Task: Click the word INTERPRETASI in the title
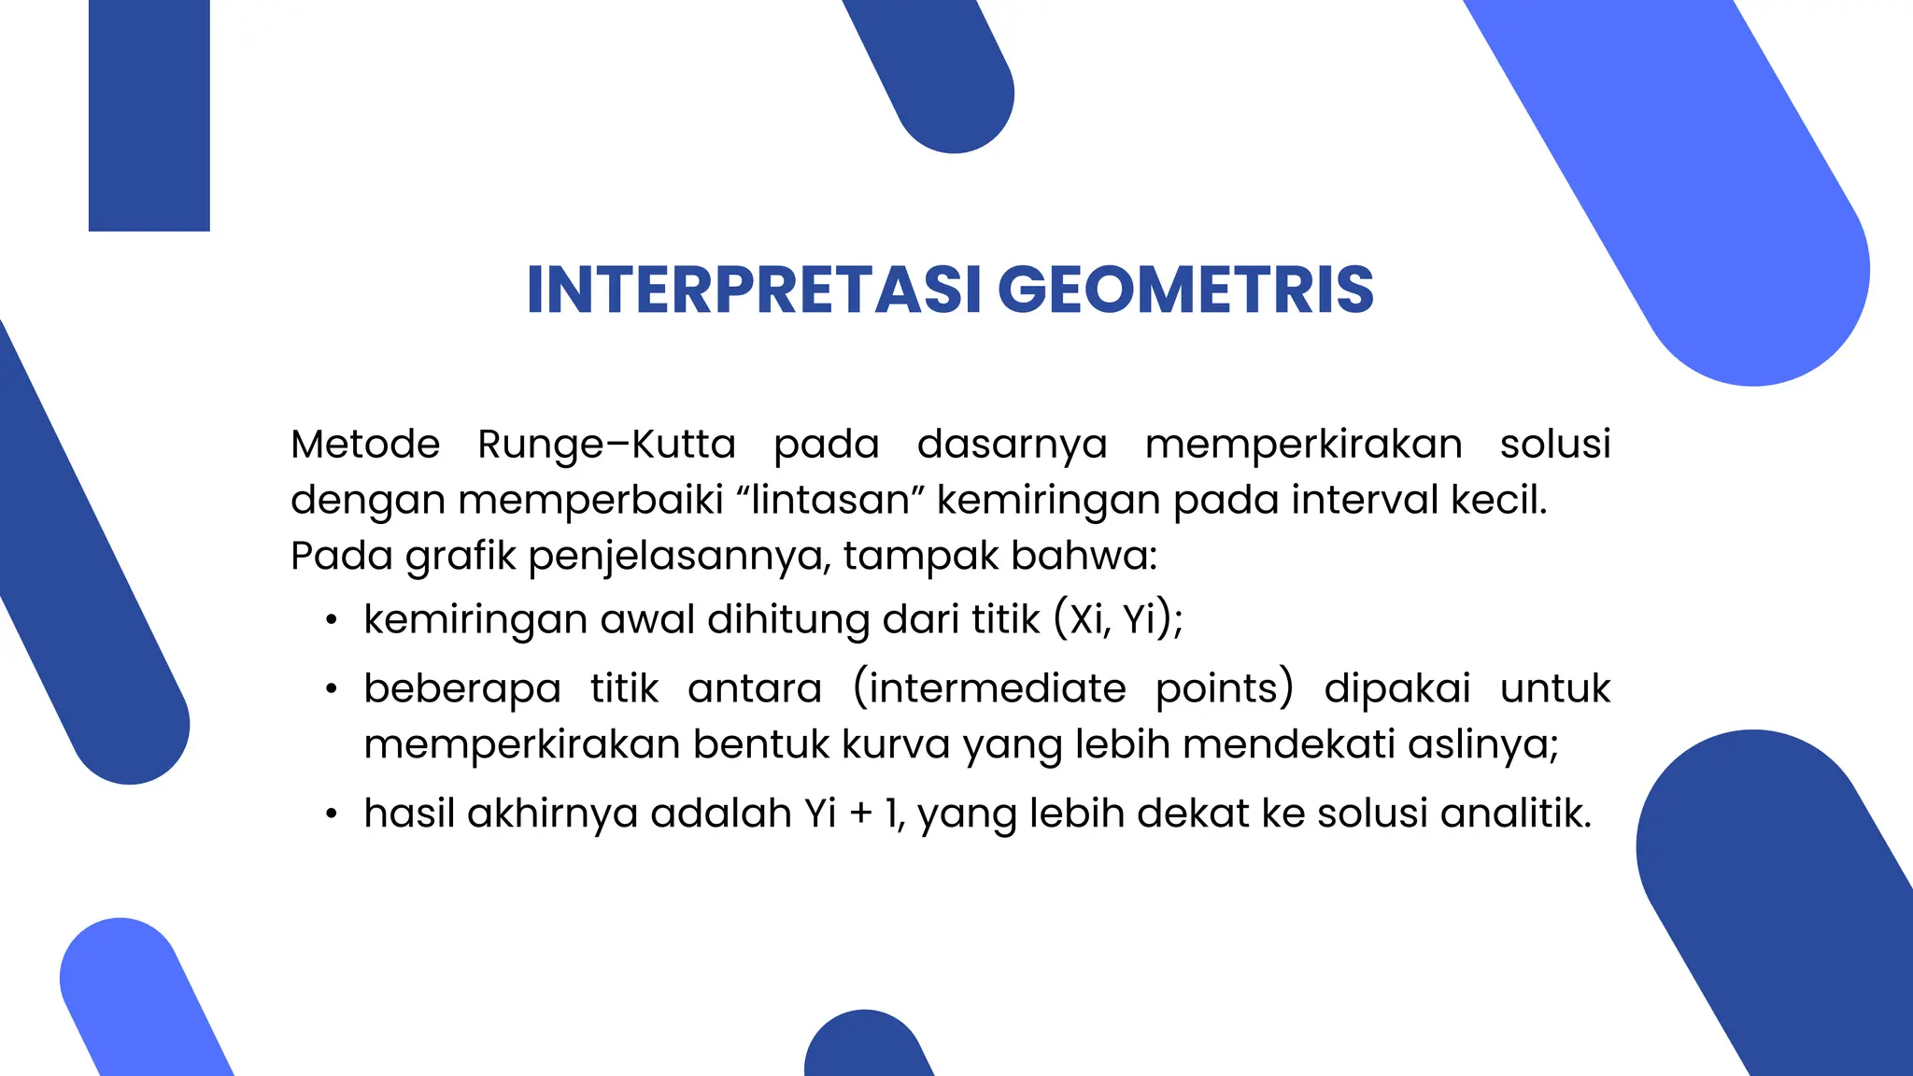click(x=754, y=290)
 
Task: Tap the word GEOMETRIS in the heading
click(x=1185, y=290)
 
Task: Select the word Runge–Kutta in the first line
click(x=606, y=444)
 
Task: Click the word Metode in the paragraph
click(x=365, y=444)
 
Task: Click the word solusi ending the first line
click(x=1554, y=444)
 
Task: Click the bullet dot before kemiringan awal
click(x=331, y=621)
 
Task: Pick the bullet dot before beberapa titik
click(x=331, y=690)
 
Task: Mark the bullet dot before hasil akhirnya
click(x=331, y=814)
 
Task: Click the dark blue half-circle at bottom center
click(x=867, y=1048)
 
